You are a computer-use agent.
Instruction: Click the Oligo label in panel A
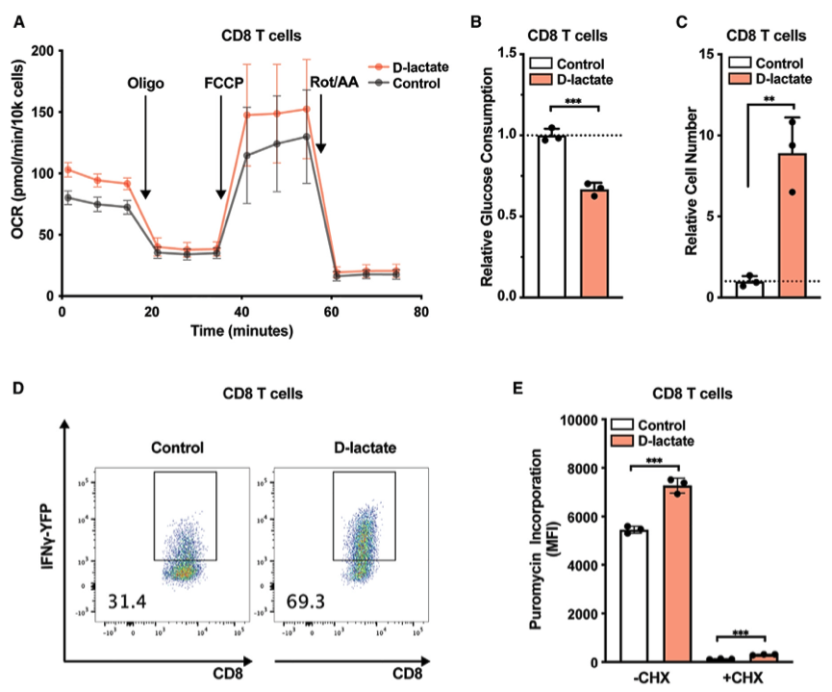pos(145,83)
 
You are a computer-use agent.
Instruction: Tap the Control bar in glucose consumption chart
pos(551,217)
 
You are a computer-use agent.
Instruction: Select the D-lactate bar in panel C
pos(792,225)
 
